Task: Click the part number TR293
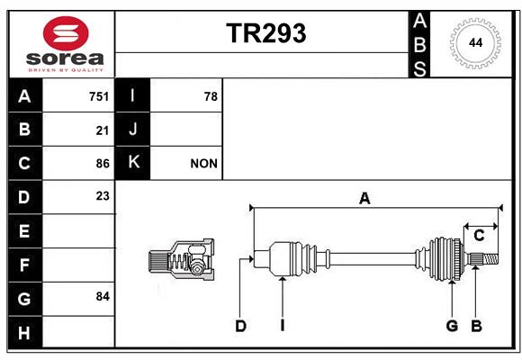[266, 33]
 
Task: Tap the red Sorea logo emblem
[66, 33]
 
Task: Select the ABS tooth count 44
[475, 43]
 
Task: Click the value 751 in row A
[99, 96]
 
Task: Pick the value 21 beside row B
[103, 130]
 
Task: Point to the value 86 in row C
[103, 164]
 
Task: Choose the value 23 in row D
[103, 196]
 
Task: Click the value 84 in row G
[103, 296]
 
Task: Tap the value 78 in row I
[211, 96]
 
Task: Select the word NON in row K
[203, 164]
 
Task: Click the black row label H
[25, 332]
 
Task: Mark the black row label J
[132, 130]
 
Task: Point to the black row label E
[25, 230]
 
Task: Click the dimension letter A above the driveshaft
[364, 199]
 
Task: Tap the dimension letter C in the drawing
[479, 236]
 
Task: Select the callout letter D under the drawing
[240, 326]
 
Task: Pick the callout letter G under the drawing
[452, 326]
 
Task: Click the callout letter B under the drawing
[476, 326]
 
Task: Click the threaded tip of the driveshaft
[490, 259]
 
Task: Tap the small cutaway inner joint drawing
[182, 259]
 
